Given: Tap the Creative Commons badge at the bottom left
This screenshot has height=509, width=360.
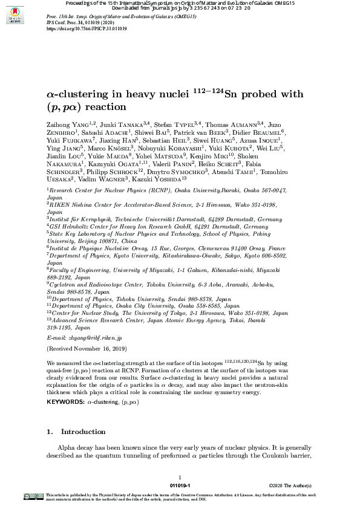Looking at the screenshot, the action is coord(33,497).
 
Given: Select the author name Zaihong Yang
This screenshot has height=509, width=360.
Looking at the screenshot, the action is coord(64,124).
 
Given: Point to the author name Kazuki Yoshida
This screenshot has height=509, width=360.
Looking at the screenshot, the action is coord(163,179).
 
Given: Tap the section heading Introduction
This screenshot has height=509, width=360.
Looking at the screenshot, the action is coord(83,432).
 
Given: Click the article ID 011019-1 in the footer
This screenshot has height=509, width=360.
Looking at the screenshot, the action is coord(180,485).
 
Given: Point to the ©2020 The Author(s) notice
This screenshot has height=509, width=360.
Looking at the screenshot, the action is coord(290,485).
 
